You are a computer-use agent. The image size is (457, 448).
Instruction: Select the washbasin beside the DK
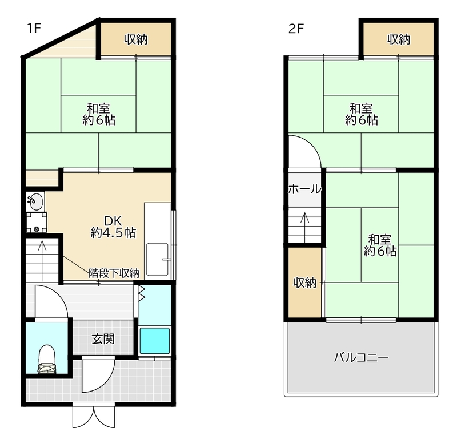[x=35, y=201]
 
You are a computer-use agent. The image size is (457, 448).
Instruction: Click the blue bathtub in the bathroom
[x=155, y=341]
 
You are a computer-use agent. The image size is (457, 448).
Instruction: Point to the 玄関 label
[x=103, y=339]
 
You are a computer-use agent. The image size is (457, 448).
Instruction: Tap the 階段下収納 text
[x=114, y=273]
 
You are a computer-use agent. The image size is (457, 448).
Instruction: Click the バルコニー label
[x=360, y=358]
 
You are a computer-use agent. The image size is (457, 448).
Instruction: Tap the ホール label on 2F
[x=304, y=189]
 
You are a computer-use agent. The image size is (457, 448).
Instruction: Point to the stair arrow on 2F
[x=306, y=219]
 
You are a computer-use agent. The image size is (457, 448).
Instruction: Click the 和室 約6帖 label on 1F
[x=99, y=114]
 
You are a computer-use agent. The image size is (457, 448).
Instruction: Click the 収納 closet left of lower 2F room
[x=306, y=283]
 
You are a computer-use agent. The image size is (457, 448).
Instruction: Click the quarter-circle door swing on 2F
[x=304, y=152]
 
